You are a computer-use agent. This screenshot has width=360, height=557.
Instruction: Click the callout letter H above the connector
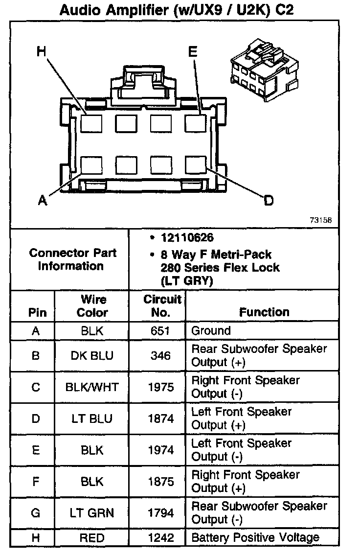click(x=42, y=51)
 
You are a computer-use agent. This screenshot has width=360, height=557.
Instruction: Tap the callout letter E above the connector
click(x=193, y=51)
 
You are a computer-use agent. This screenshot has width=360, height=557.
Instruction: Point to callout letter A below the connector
click(x=43, y=200)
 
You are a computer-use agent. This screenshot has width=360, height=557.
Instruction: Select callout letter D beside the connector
click(x=269, y=200)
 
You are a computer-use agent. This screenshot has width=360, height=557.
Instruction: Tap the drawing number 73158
click(x=320, y=220)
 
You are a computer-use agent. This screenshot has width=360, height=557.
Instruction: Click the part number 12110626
click(x=187, y=238)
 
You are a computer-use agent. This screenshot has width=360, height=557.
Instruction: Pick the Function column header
click(x=264, y=312)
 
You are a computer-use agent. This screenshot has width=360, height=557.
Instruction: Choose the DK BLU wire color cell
click(x=92, y=356)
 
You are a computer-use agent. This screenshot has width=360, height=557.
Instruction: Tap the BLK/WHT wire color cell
click(x=92, y=387)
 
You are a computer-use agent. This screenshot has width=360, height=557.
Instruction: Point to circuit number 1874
click(x=160, y=418)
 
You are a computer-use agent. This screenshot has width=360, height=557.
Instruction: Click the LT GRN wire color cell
click(x=92, y=513)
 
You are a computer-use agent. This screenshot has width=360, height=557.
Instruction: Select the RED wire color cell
click(x=92, y=538)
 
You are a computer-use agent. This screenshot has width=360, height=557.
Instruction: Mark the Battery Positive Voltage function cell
click(x=255, y=538)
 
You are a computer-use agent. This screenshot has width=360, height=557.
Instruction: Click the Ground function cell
click(x=211, y=331)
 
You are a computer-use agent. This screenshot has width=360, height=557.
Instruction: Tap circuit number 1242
click(x=160, y=538)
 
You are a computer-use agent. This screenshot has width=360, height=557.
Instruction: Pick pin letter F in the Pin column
click(x=35, y=482)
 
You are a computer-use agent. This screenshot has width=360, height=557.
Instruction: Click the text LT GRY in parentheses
click(x=186, y=281)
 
